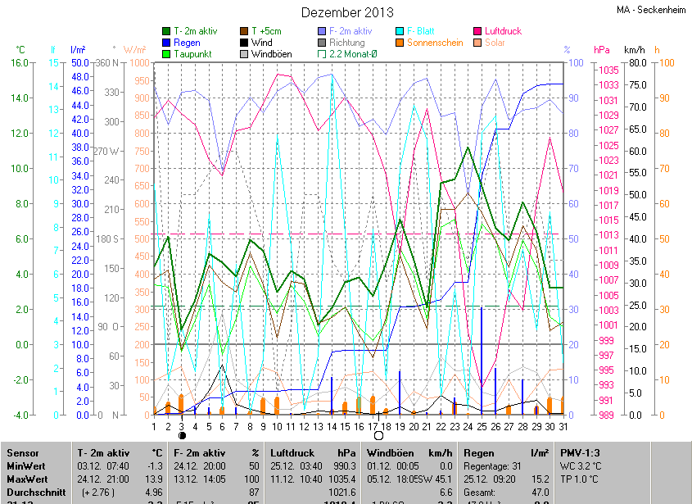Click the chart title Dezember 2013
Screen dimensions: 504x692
(x=347, y=12)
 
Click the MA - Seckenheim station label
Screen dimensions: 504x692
(x=652, y=10)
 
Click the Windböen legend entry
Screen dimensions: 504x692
(x=270, y=54)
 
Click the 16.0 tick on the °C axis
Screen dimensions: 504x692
(x=20, y=62)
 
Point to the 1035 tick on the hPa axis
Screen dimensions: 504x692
(x=608, y=70)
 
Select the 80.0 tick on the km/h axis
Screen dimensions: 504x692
(x=636, y=62)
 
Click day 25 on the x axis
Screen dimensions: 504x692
(x=483, y=426)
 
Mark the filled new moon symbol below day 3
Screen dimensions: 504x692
(x=182, y=436)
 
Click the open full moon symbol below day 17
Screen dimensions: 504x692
(x=378, y=436)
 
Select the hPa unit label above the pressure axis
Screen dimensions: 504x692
(x=602, y=50)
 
